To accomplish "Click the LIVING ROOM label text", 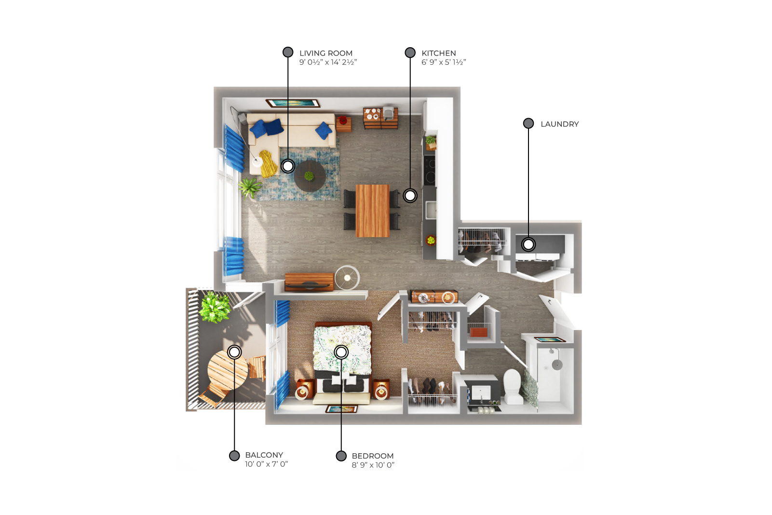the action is coord(325,53).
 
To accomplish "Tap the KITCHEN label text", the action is coord(438,53).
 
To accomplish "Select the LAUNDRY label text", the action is coord(559,124).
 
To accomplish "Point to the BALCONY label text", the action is coord(264,455).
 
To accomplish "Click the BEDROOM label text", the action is coord(373,456).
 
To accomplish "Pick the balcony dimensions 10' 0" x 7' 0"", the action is coord(266,464).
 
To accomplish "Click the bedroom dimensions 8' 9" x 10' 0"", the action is coord(373,465).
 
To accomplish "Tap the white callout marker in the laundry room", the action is coord(528,244).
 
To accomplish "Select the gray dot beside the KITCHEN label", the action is coord(410,53).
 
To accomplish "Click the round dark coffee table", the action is coord(310,176).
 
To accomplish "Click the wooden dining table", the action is coord(372,211).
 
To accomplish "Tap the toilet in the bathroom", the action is coord(513,386).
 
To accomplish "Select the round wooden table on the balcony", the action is coord(227,370).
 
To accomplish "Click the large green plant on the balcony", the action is coord(215,307).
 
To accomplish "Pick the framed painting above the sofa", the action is coord(293,103).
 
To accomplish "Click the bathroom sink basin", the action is coord(481,393).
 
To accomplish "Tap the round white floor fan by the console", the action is coord(347,277).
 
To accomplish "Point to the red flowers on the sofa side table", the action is coord(343,120).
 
